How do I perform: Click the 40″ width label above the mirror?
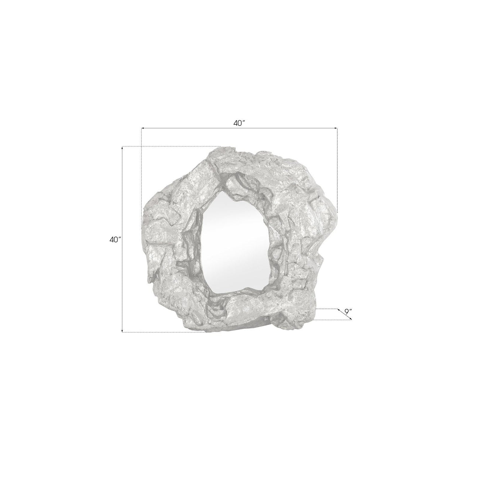[x=239, y=123]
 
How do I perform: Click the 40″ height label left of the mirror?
[x=115, y=240]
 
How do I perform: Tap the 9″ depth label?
[x=348, y=311]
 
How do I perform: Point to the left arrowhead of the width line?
[x=143, y=128]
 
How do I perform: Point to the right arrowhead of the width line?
[x=336, y=128]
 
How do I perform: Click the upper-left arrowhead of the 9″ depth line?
[x=339, y=310]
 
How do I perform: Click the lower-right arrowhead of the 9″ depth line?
[x=350, y=319]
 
